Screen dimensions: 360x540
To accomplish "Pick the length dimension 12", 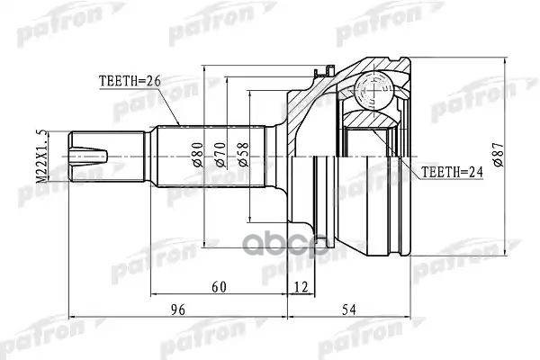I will coord(300,287).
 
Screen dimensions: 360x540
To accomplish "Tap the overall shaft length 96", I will coord(177,310).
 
